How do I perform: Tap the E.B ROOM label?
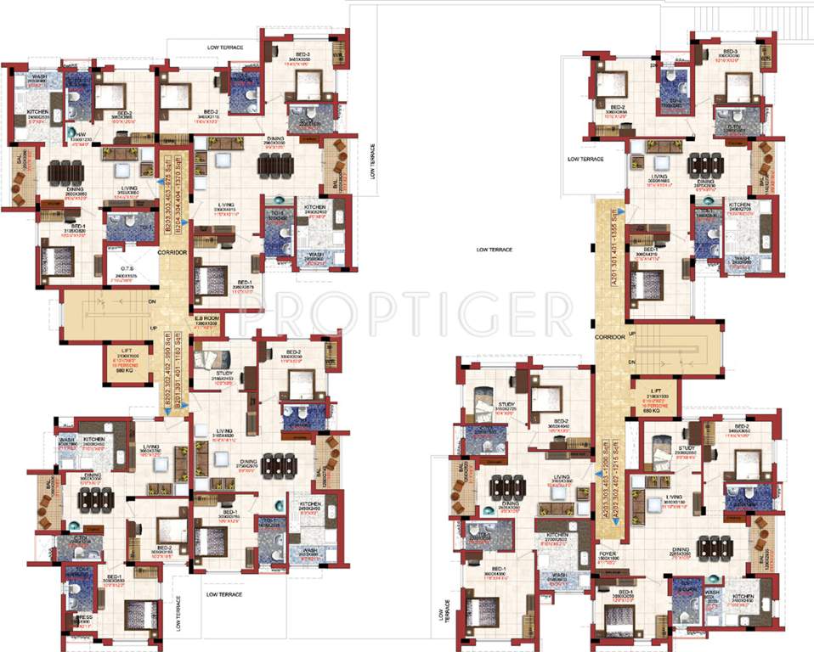point(207,319)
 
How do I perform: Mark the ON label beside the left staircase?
point(151,301)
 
